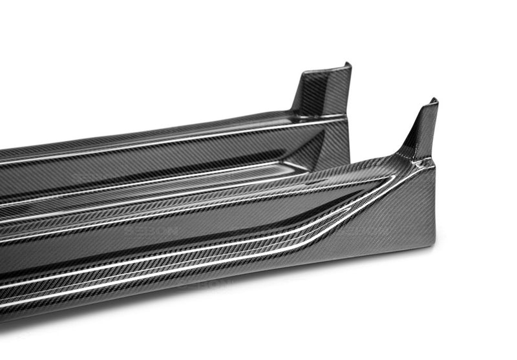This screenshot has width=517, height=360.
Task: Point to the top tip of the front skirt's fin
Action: click(x=433, y=101)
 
